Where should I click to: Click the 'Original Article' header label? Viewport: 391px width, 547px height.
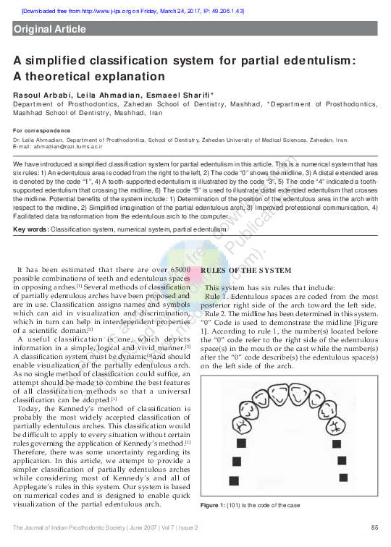[50, 30]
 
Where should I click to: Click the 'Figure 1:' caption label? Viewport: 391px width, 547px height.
[215, 504]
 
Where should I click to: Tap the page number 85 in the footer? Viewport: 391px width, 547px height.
[374, 527]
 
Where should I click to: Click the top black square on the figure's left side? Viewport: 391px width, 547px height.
[242, 443]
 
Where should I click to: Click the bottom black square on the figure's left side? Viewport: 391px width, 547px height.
[234, 480]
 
